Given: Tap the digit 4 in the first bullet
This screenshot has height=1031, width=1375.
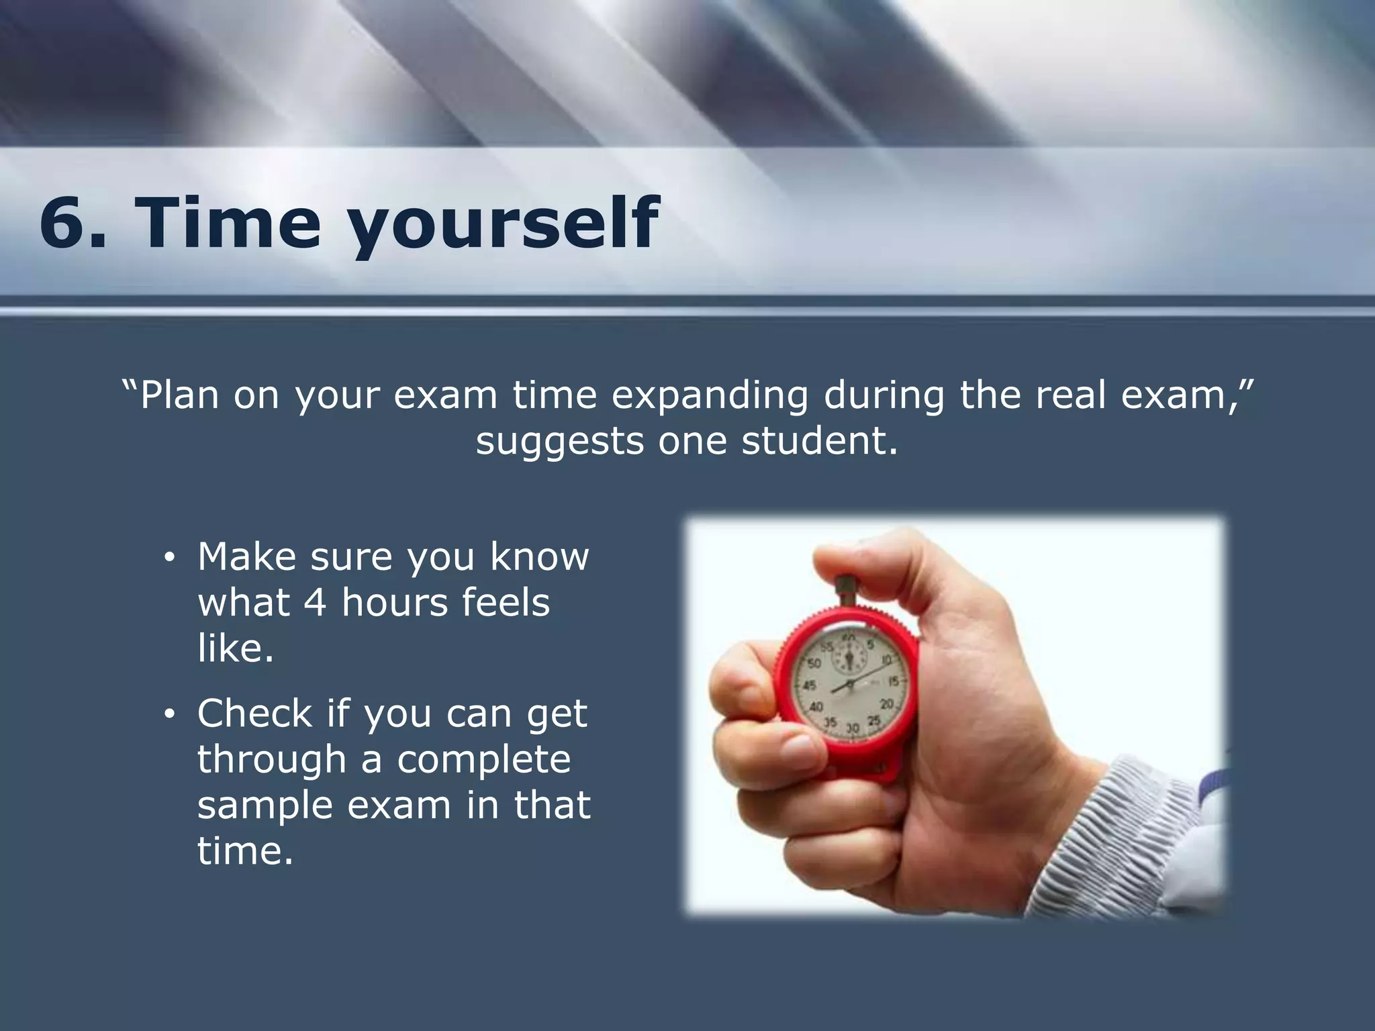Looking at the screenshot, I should point(315,602).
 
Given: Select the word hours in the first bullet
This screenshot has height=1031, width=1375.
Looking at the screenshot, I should point(387,602).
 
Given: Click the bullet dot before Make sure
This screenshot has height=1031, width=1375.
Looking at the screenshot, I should point(170,558).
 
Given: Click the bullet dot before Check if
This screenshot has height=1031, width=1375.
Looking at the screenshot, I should point(170,714).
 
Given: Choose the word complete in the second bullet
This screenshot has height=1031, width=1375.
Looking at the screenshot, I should point(483,759).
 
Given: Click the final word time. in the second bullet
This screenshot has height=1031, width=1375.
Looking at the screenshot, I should point(245,851).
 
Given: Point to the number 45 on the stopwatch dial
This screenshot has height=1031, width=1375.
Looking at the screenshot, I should point(809,685).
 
